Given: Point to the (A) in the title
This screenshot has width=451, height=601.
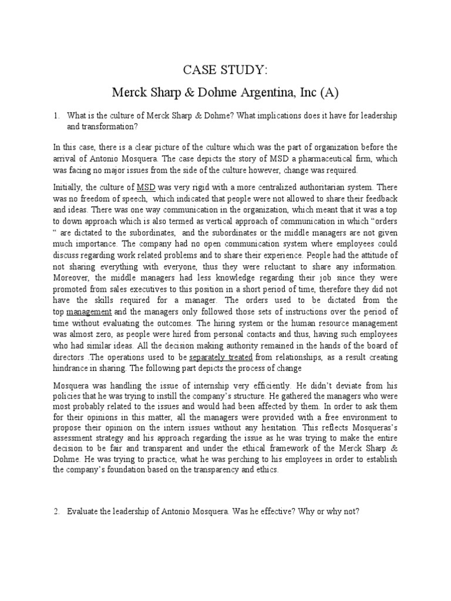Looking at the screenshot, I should click(331, 92).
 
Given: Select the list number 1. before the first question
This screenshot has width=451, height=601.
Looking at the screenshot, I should click(57, 116).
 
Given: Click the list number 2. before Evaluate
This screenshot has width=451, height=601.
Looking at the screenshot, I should click(57, 511).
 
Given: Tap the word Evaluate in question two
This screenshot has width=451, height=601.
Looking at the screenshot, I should click(83, 511).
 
